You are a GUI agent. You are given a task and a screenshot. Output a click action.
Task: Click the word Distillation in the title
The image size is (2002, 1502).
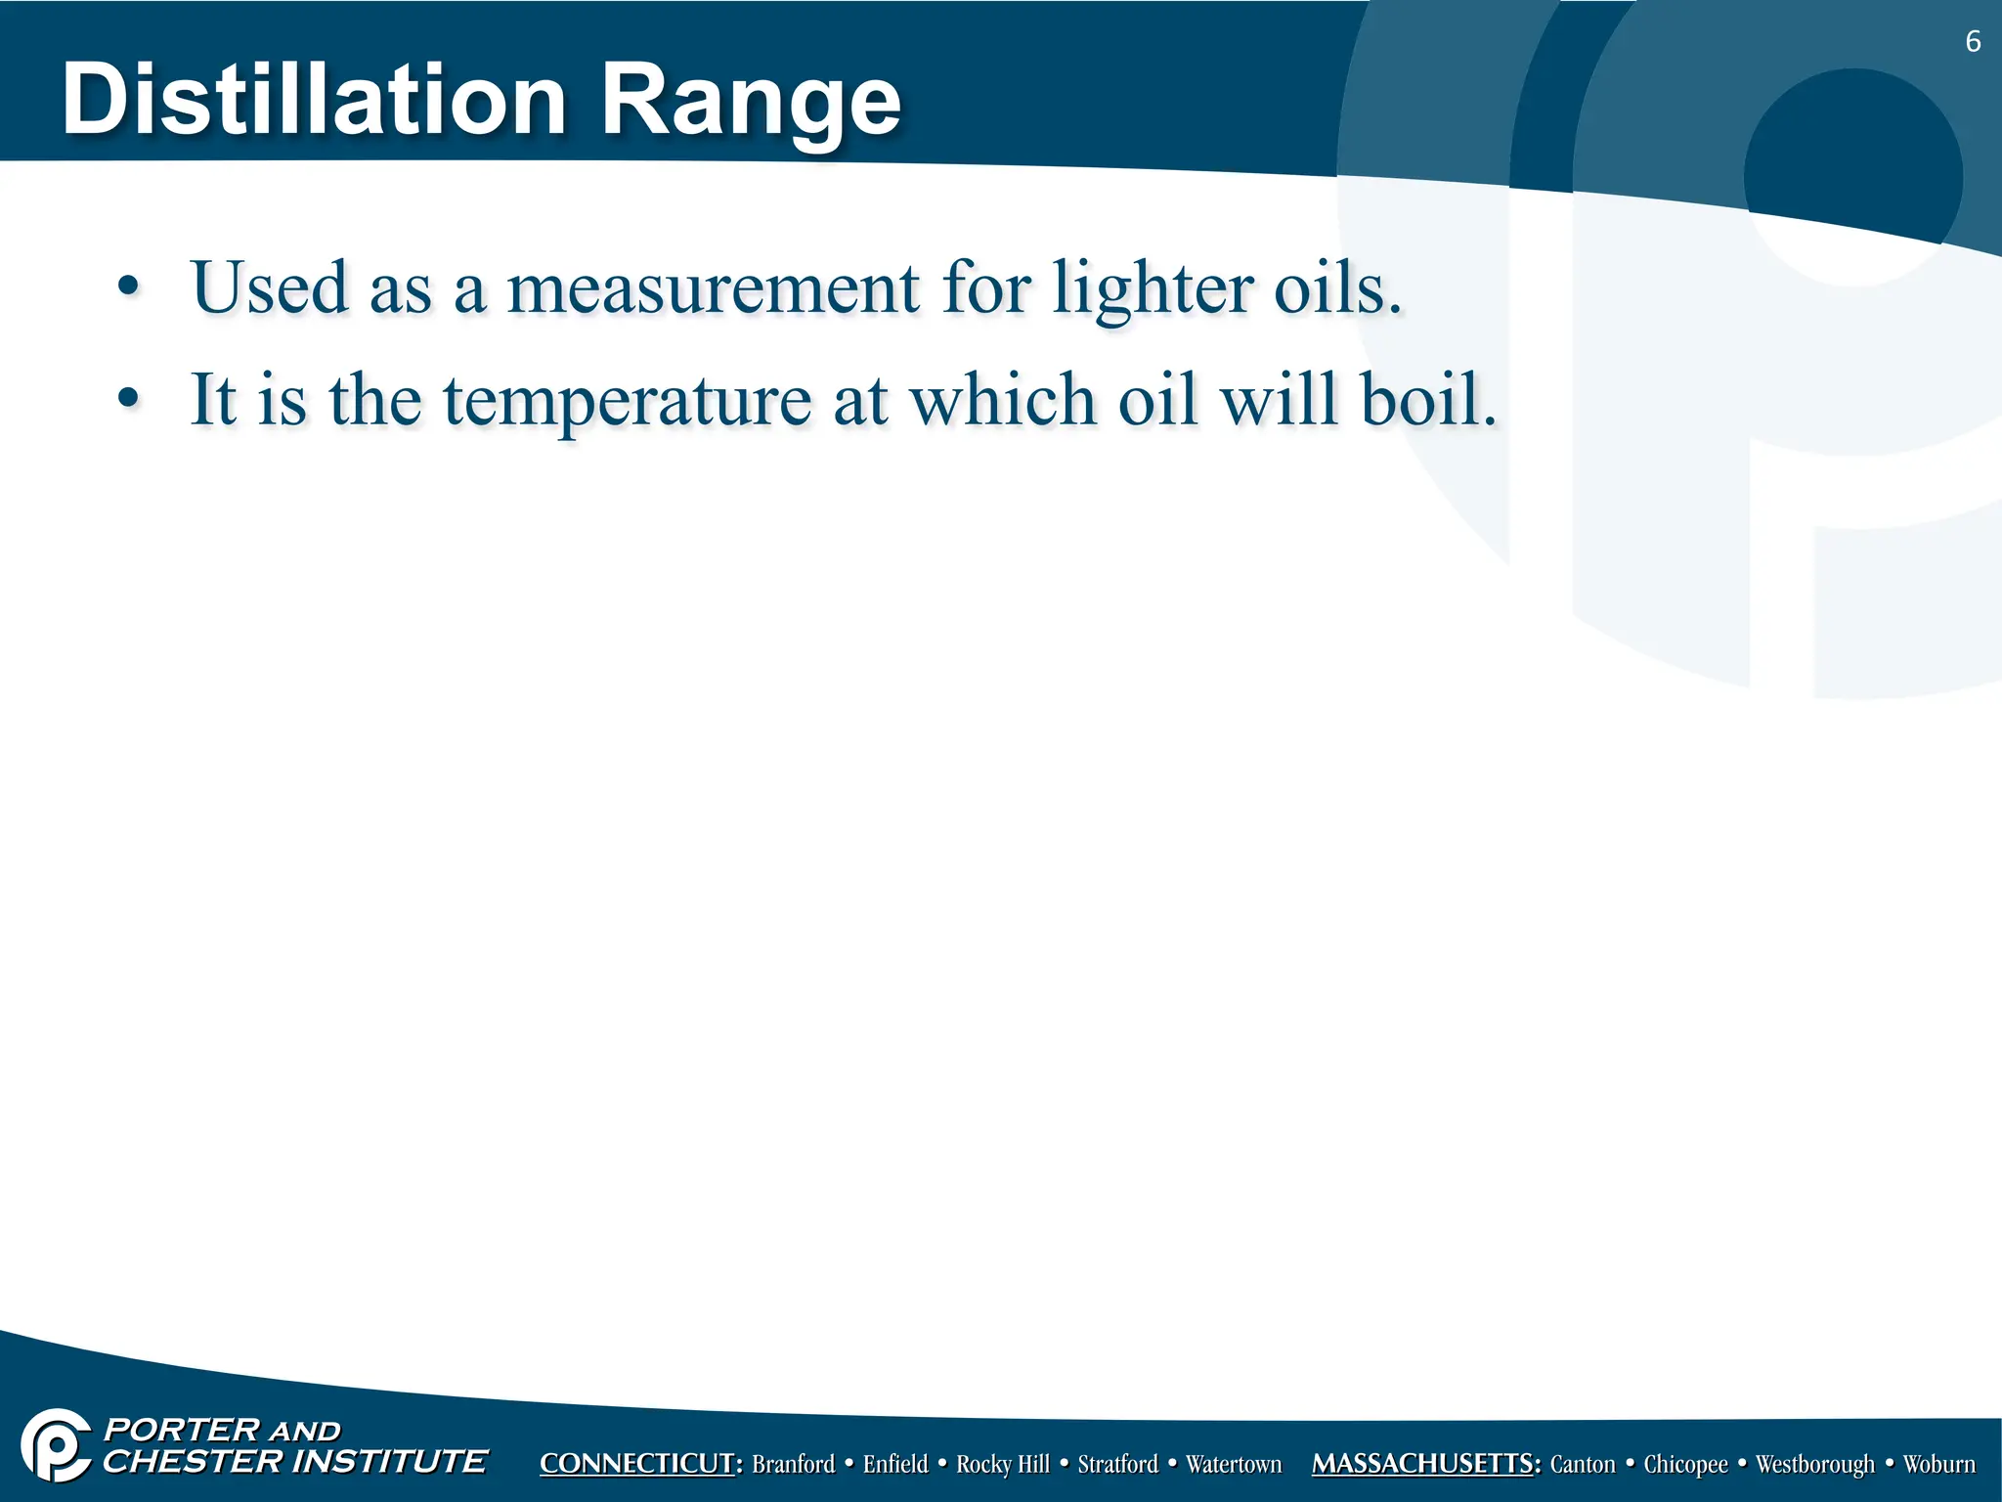(x=313, y=100)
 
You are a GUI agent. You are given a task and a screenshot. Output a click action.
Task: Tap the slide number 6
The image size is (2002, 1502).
(x=1973, y=42)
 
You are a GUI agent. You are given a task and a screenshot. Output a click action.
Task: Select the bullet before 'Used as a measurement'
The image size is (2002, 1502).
(x=128, y=287)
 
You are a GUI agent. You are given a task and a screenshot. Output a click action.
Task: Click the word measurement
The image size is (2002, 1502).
(x=713, y=288)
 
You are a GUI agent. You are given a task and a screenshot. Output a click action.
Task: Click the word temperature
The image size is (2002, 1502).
(x=627, y=401)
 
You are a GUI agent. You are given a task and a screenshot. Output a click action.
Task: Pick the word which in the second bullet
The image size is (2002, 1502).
(x=1003, y=400)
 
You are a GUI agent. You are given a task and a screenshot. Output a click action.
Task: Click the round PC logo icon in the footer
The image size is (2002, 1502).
(x=57, y=1445)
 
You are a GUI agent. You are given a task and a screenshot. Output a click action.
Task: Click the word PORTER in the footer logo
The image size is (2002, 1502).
(x=181, y=1430)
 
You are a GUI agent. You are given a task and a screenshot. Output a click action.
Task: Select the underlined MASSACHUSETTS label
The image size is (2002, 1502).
(x=1425, y=1464)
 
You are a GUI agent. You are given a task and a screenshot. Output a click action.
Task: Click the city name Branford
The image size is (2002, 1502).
(x=793, y=1464)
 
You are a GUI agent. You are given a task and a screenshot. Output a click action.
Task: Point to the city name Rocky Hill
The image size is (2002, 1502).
(x=1002, y=1464)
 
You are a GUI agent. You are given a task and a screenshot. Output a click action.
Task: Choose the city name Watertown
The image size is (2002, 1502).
(x=1233, y=1464)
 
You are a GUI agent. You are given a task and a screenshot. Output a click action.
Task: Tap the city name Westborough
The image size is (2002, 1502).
(x=1814, y=1464)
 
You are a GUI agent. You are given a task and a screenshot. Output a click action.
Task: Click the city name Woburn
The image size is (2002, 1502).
(x=1938, y=1464)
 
